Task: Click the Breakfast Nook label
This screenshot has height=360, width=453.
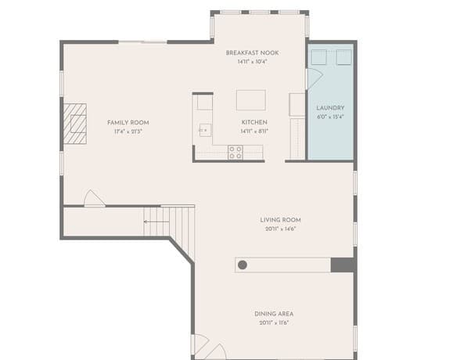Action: (252, 53)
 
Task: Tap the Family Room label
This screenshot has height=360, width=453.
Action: (128, 123)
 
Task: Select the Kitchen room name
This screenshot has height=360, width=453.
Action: (254, 122)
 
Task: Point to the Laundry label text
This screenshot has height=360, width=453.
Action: (330, 108)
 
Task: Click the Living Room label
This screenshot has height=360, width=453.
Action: (280, 220)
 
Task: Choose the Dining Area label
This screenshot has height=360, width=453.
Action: (274, 314)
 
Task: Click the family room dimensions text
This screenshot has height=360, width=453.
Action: (128, 131)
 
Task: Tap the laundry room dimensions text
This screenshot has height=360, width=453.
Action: (330, 117)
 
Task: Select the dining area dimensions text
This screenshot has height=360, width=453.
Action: (274, 322)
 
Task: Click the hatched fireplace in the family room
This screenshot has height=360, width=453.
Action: (75, 124)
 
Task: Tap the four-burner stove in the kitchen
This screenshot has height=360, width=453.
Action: (235, 153)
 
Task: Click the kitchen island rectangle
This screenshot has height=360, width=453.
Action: (251, 100)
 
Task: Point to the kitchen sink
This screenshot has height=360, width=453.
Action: (205, 131)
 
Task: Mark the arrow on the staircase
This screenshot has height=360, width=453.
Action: (156, 222)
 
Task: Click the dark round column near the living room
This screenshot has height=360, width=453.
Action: (243, 265)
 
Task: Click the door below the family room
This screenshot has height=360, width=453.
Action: (94, 198)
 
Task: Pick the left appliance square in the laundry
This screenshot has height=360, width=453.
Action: (319, 57)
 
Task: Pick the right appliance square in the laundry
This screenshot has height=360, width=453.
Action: (343, 57)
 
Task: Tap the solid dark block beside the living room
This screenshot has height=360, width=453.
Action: (343, 265)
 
